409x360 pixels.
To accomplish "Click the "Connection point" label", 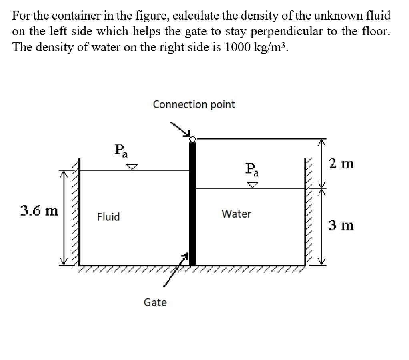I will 194,105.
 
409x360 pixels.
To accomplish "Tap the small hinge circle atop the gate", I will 192,139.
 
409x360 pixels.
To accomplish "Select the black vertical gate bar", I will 192,204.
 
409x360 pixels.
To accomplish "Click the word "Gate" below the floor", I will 155,302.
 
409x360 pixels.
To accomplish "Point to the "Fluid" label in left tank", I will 108,217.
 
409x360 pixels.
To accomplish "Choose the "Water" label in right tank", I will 236,214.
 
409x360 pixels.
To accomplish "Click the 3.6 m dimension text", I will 39,210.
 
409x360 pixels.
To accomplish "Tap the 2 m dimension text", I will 341,163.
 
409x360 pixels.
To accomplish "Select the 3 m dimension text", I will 341,226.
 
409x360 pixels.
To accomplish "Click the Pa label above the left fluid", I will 121,151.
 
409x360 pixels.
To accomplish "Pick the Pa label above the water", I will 252,169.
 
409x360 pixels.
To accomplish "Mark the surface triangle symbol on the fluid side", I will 132,166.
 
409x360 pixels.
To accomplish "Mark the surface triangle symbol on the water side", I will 252,185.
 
